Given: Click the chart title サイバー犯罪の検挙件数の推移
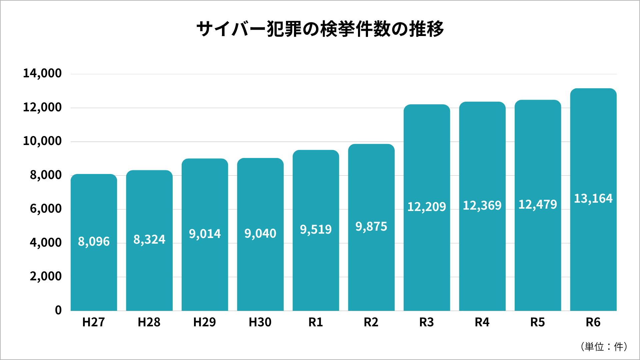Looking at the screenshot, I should pos(320,29).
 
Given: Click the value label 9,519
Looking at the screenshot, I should pos(316,230).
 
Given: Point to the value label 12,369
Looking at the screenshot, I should pos(482,206).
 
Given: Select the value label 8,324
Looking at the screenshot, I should pos(149,240).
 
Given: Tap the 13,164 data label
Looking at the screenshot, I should pos(593,199).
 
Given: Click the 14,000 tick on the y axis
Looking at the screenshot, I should pos(42,73).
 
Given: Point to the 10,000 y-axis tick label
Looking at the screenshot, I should pos(42,141).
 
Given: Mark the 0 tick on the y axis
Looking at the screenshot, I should pos(58,310).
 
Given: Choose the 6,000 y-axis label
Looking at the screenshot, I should pos(46,209).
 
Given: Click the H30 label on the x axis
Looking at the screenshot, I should pos(260,322).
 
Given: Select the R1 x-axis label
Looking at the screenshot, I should pos(316,322).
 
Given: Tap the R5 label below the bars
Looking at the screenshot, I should pos(537,322).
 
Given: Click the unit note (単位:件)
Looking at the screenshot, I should pos(604,347).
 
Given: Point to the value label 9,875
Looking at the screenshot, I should pos(371,227).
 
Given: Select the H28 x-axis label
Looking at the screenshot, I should pos(149,322).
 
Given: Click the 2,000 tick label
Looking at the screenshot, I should pos(46,276).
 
